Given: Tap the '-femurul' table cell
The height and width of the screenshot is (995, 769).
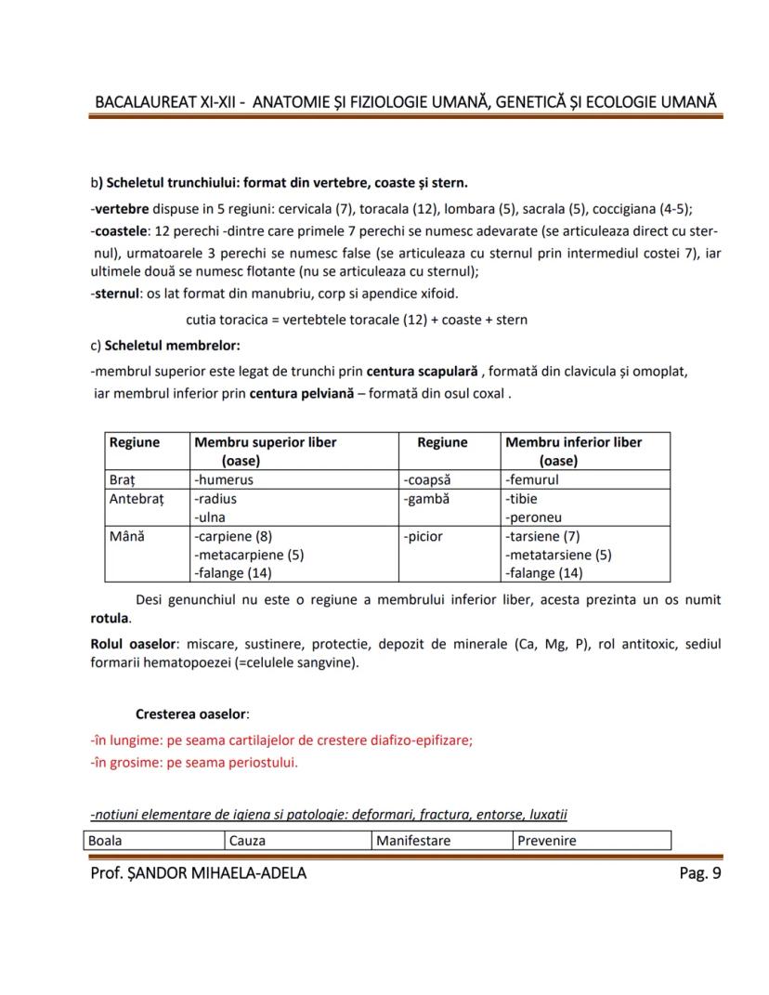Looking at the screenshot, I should (532, 480).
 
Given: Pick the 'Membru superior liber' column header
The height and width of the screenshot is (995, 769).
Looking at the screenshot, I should (266, 442).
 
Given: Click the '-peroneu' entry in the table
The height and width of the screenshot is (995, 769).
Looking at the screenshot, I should (534, 517).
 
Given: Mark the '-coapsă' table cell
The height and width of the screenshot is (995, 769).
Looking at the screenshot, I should (427, 480).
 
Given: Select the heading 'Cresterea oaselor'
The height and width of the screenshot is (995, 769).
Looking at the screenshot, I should (191, 714).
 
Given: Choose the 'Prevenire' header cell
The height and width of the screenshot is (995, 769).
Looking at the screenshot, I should (547, 841).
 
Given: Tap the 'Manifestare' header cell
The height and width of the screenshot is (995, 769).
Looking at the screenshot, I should (413, 841).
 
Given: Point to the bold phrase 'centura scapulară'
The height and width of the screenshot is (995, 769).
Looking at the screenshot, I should (422, 372).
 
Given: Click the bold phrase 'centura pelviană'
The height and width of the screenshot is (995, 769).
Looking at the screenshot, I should (302, 393).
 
